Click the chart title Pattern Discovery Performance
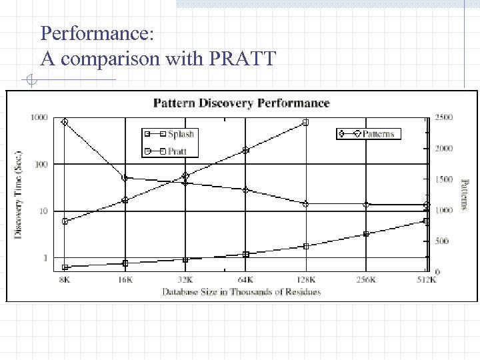[x=241, y=103]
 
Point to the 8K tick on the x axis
[x=64, y=280]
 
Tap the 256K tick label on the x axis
[x=366, y=280]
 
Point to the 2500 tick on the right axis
[x=443, y=117]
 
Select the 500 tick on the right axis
[x=441, y=241]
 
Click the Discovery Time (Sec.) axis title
[x=19, y=193]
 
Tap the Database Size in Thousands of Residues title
[x=241, y=291]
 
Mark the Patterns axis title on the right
[x=465, y=193]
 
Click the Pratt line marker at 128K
[x=305, y=123]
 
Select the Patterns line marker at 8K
[x=65, y=122]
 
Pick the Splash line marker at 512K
[x=426, y=221]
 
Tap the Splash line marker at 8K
[x=65, y=267]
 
